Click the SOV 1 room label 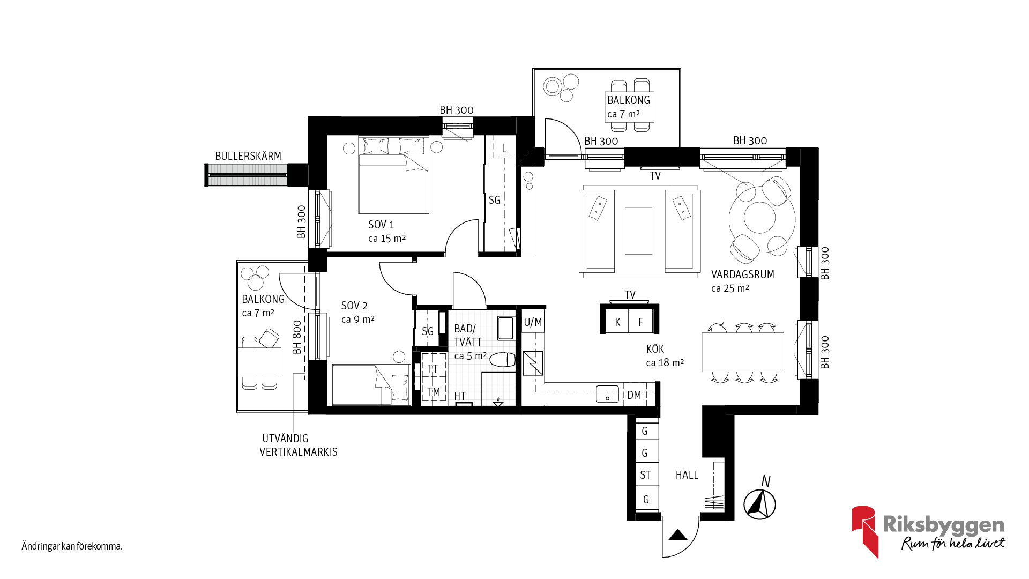click(381, 225)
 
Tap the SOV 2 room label click(354, 306)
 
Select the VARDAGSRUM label click(742, 274)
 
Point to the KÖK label click(655, 349)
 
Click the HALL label click(687, 475)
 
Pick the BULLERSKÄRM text click(248, 156)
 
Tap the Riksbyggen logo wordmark click(943, 524)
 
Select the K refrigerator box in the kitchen click(617, 321)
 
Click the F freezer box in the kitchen click(640, 321)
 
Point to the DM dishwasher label click(634, 395)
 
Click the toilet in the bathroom click(502, 360)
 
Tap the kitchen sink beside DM click(607, 394)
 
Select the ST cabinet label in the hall click(645, 475)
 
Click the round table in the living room click(759, 218)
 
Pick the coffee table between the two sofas click(638, 231)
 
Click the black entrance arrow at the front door click(678, 535)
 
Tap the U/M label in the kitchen click(533, 322)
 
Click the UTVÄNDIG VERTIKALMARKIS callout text click(299, 445)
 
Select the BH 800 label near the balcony click(297, 337)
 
